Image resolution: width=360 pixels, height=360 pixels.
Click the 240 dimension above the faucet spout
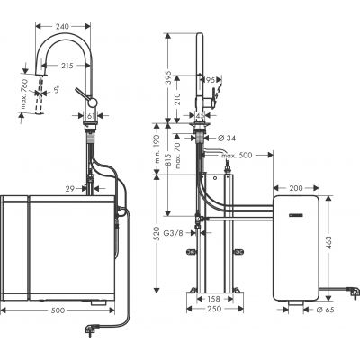point(62,27)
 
